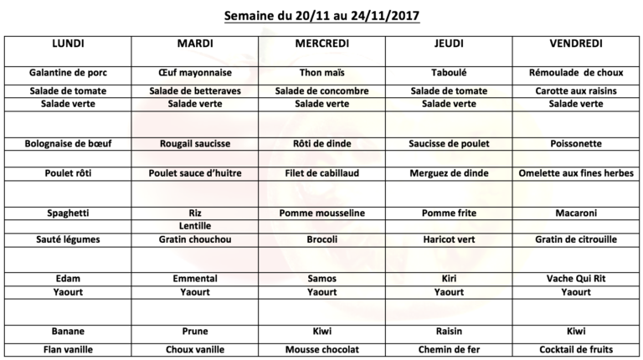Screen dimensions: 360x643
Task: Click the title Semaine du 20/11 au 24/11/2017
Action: click(x=321, y=14)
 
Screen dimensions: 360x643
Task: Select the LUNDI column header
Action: click(x=68, y=43)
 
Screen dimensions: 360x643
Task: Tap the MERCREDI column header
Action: click(x=322, y=43)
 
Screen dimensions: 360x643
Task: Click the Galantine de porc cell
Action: click(x=68, y=73)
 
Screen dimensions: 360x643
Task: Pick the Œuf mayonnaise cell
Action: click(x=195, y=73)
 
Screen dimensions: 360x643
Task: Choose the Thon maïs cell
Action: click(x=322, y=73)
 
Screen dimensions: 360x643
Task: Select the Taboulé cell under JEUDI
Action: click(x=448, y=73)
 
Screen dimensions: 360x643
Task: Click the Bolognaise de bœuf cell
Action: click(x=68, y=143)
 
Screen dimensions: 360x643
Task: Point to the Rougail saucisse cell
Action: click(x=195, y=143)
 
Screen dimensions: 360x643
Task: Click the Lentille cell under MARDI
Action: click(x=195, y=226)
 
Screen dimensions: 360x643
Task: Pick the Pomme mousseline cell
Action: click(x=322, y=213)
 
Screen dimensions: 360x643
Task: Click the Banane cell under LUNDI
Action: click(x=68, y=331)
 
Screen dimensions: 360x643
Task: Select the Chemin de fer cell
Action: click(x=448, y=349)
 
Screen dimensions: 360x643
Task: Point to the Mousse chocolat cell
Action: click(x=322, y=349)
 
